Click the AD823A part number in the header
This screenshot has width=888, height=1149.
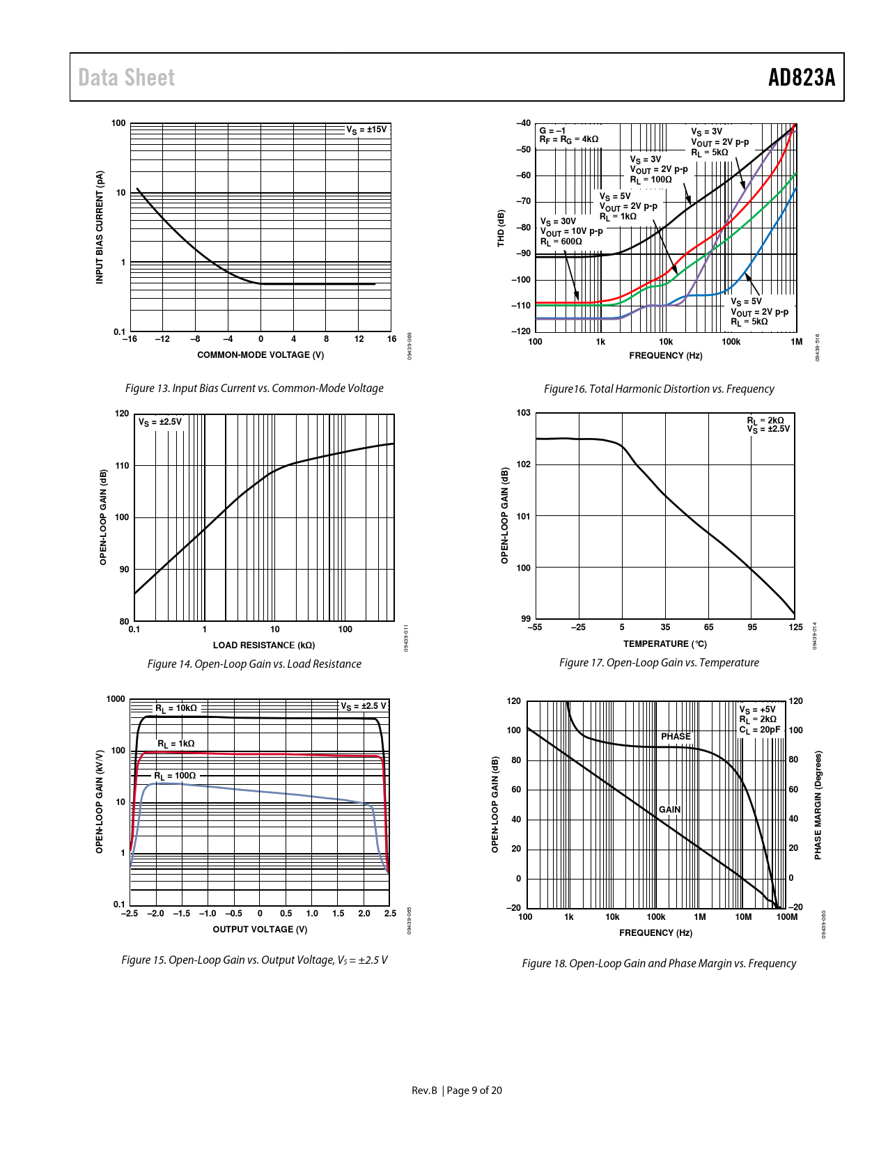[801, 77]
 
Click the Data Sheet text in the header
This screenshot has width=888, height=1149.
[126, 77]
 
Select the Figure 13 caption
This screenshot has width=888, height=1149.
[254, 388]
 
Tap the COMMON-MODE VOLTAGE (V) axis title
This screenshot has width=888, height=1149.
[260, 355]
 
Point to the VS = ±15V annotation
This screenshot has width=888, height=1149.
[366, 130]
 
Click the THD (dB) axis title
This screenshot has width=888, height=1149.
[501, 228]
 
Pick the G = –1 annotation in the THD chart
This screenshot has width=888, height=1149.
[552, 130]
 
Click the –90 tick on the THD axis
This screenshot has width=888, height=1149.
[522, 253]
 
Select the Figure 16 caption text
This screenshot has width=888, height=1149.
[659, 389]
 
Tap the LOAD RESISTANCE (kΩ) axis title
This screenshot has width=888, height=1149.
[264, 646]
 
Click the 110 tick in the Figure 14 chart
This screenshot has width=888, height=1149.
[123, 465]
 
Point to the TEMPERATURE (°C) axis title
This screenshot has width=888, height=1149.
[664, 644]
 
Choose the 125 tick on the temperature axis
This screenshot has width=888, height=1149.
[795, 627]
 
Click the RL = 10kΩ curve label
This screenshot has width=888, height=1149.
[176, 708]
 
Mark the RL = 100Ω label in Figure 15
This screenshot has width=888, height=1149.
[175, 776]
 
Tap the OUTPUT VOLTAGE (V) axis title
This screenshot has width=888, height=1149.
[260, 930]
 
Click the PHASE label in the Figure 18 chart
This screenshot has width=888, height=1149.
[676, 736]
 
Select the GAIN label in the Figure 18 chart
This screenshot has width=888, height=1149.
[669, 809]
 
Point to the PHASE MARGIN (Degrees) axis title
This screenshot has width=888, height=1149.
[818, 805]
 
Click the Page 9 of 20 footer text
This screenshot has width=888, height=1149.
[474, 1091]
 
